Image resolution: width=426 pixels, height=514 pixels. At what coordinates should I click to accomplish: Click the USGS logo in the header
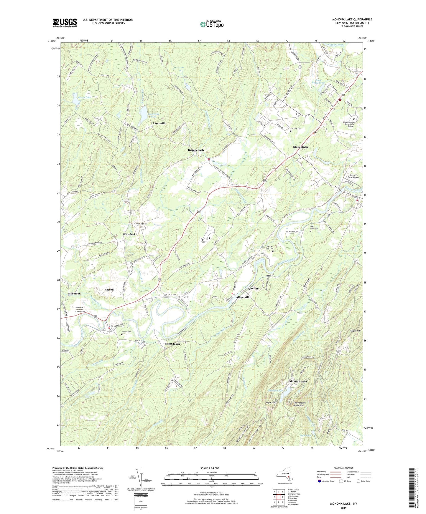(65, 22)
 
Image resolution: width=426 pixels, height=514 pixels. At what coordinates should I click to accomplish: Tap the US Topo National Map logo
(212, 24)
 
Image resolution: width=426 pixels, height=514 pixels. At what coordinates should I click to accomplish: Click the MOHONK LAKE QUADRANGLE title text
(352, 19)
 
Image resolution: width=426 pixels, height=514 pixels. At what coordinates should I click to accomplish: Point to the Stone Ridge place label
(301, 147)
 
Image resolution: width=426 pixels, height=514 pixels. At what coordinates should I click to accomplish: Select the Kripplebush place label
(196, 150)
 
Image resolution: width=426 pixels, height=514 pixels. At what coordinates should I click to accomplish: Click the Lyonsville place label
(159, 123)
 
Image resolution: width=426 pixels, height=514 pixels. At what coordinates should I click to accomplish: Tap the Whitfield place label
(129, 234)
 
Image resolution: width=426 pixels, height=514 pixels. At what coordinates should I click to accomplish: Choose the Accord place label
(109, 290)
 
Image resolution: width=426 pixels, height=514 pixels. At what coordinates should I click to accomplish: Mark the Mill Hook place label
(74, 294)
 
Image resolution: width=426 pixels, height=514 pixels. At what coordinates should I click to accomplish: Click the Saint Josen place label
(172, 344)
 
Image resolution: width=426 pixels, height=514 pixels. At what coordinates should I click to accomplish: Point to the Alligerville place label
(243, 297)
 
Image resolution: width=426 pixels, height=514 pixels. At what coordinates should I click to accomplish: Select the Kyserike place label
(253, 288)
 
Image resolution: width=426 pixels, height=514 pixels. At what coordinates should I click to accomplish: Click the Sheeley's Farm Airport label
(353, 176)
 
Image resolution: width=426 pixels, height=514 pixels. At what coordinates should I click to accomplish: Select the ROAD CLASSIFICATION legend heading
(343, 468)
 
